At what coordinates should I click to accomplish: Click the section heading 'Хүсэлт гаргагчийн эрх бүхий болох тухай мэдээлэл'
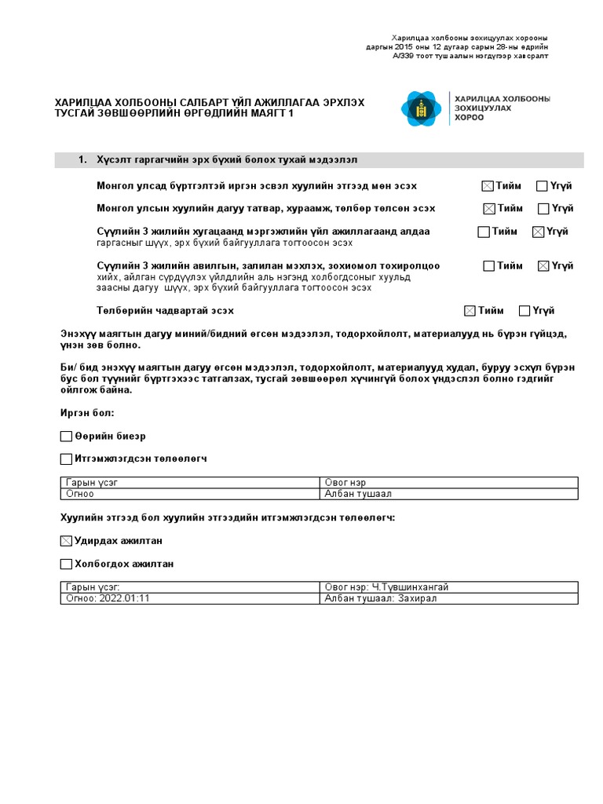[x=227, y=160]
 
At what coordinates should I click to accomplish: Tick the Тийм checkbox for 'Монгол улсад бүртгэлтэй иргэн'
[x=488, y=186]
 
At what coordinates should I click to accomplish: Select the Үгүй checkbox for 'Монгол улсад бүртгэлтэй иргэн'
[x=542, y=186]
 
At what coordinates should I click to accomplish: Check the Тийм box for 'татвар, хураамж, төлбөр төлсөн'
[x=489, y=209]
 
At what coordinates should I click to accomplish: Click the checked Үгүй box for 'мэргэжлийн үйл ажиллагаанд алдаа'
[x=538, y=232]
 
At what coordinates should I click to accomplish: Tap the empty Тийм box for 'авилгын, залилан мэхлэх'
[x=488, y=266]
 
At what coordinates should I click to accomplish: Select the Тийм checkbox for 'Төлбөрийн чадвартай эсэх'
[x=470, y=311]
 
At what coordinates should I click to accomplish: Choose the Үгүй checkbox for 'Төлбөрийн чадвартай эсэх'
[x=524, y=311]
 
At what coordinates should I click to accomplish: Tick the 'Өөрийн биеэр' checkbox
[x=66, y=436]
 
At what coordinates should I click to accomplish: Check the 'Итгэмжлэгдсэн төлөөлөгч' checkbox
[x=66, y=459]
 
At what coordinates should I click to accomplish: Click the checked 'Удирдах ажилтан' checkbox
[x=66, y=541]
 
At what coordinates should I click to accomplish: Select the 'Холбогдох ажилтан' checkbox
[x=66, y=564]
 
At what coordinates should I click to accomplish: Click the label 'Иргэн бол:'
[x=87, y=413]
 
